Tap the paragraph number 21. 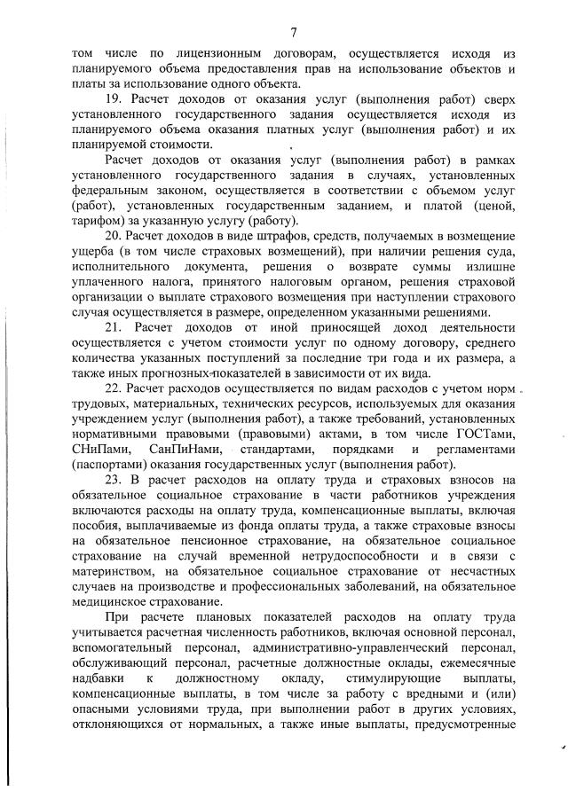[114, 327]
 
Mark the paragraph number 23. [114, 480]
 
